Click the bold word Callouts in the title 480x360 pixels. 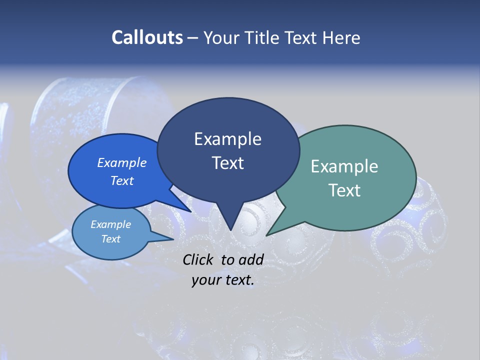pyautogui.click(x=147, y=37)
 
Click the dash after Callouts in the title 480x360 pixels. pyautogui.click(x=193, y=38)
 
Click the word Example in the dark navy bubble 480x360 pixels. pyautogui.click(x=227, y=139)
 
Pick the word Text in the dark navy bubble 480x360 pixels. pyautogui.click(x=227, y=163)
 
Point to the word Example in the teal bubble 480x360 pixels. pyautogui.click(x=344, y=166)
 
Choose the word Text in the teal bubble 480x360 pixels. pyautogui.click(x=344, y=190)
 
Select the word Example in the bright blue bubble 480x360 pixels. pyautogui.click(x=122, y=163)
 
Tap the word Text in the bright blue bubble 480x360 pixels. pyautogui.click(x=122, y=180)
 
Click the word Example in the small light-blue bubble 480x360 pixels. pyautogui.click(x=110, y=224)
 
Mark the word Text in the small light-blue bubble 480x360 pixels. pyautogui.click(x=110, y=239)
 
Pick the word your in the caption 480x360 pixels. pyautogui.click(x=206, y=280)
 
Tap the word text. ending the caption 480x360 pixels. pyautogui.click(x=238, y=280)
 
